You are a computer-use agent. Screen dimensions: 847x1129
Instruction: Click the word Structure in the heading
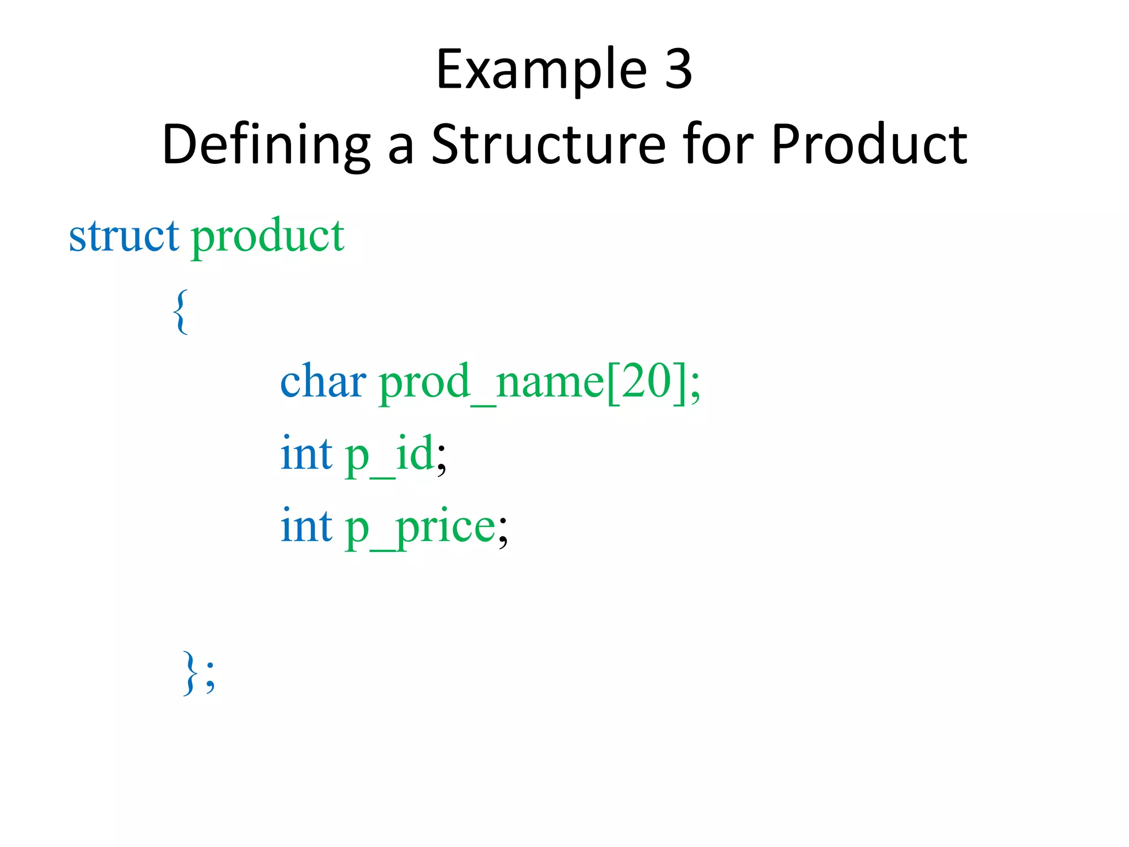[549, 144]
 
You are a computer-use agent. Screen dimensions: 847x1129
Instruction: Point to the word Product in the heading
[869, 144]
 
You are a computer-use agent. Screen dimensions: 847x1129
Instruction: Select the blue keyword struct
[123, 236]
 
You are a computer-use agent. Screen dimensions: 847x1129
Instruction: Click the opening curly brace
[180, 312]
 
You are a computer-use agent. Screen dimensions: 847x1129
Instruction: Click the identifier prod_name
[491, 383]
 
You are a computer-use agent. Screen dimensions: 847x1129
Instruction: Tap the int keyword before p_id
[307, 454]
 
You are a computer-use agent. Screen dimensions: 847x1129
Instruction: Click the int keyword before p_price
[307, 527]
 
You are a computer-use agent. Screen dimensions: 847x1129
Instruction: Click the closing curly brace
[190, 673]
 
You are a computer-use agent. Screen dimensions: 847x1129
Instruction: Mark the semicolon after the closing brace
[210, 677]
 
